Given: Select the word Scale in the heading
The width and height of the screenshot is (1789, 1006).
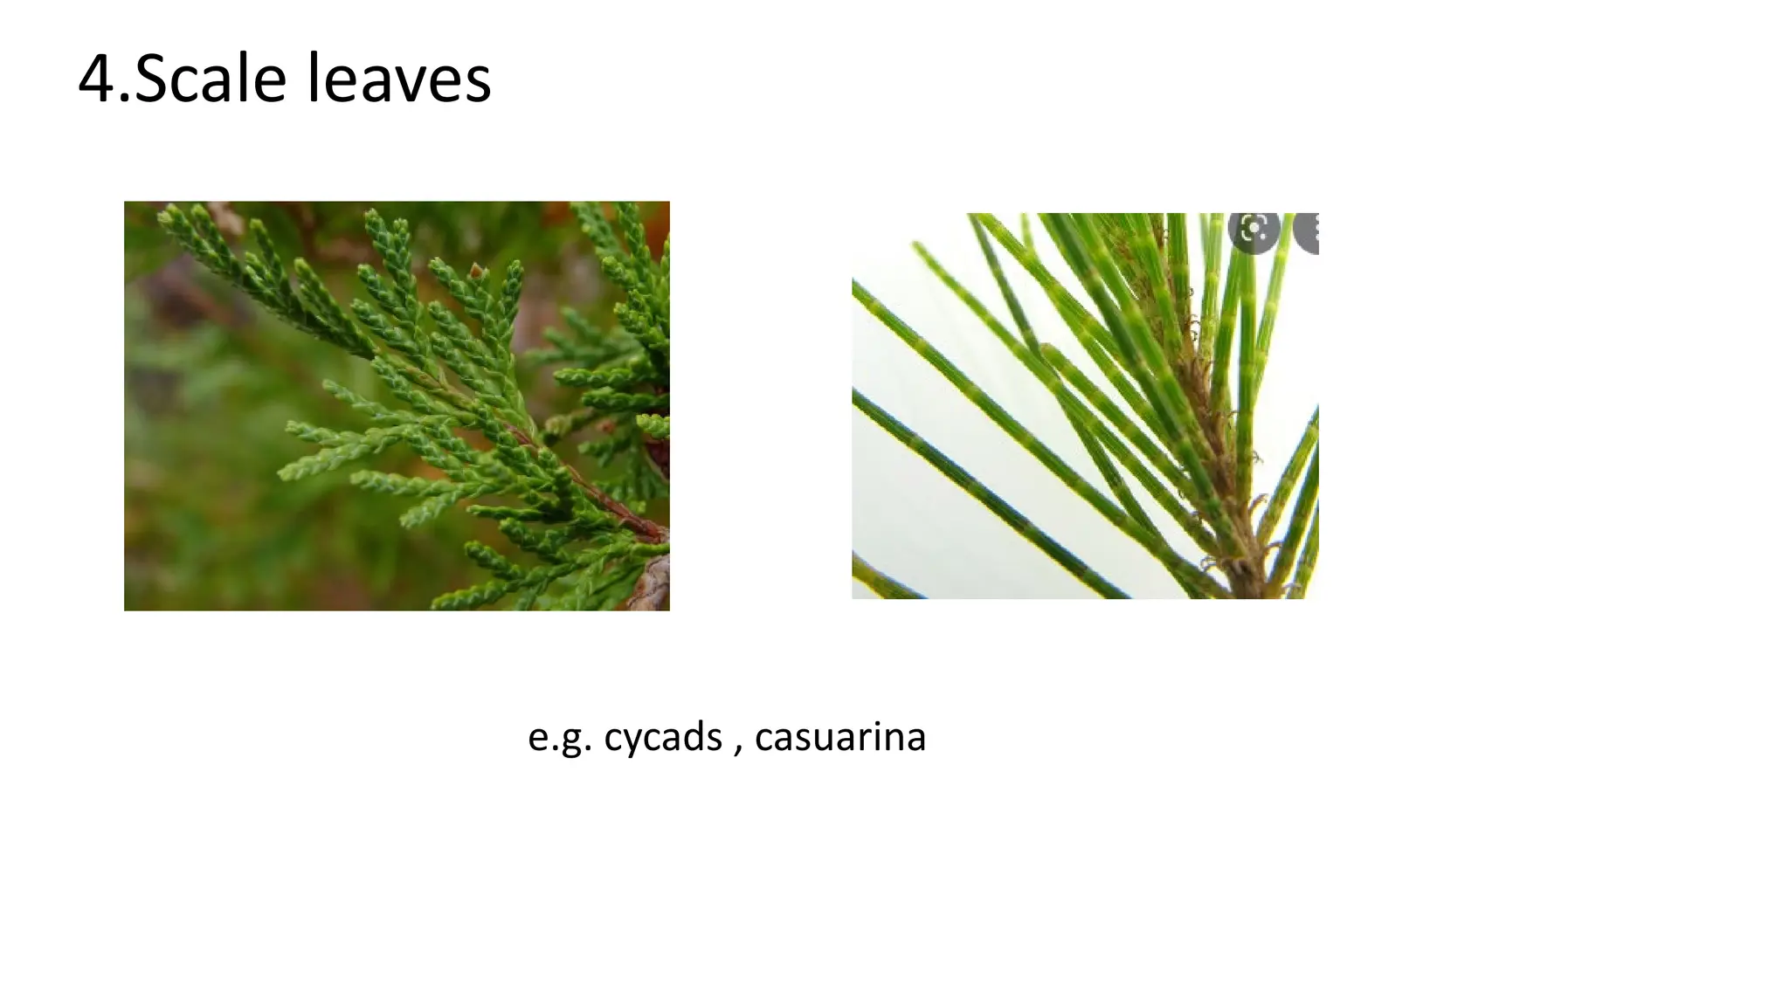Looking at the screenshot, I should coord(211,79).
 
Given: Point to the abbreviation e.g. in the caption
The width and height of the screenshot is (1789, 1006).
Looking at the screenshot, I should coord(560,738).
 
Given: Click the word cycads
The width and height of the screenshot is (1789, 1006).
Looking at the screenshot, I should coord(663,738).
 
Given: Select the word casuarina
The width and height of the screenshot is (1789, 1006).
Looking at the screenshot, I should coord(840,738).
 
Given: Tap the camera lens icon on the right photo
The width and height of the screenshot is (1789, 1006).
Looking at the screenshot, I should coord(1254,230).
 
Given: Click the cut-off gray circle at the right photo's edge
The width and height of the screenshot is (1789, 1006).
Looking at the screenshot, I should coord(1308,231).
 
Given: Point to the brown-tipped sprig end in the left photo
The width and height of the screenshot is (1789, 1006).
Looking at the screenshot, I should coord(477,271).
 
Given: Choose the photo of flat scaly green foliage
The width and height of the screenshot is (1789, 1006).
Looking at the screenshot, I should coord(397,406).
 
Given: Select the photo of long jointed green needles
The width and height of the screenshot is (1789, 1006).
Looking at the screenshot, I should coord(1085,406).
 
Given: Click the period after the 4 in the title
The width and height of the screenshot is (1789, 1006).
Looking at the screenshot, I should coord(124,100).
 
